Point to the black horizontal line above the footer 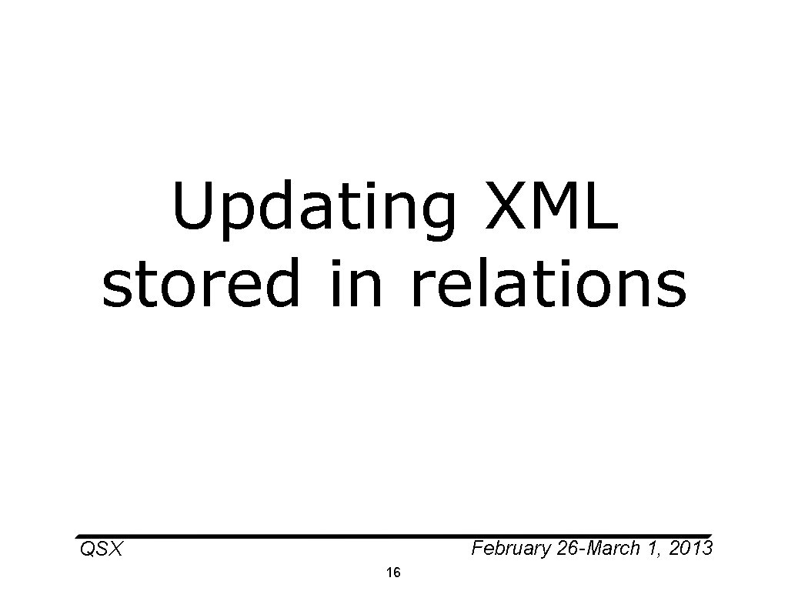click(x=393, y=536)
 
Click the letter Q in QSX click(x=87, y=549)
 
